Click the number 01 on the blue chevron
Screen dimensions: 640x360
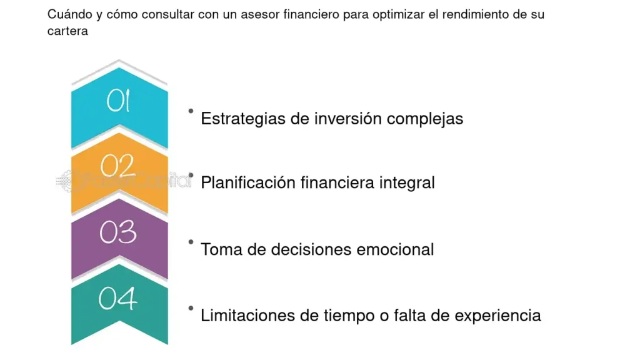[118, 101]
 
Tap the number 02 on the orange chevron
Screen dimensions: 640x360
[117, 166]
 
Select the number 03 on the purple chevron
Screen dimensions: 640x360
[118, 232]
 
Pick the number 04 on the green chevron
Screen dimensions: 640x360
[117, 298]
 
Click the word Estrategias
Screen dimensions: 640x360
[243, 119]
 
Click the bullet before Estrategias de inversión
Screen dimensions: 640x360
[191, 111]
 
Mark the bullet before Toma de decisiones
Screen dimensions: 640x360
[191, 242]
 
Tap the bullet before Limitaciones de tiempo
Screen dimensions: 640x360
[191, 308]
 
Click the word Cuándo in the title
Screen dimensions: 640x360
[70, 14]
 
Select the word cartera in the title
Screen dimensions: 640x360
[67, 31]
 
